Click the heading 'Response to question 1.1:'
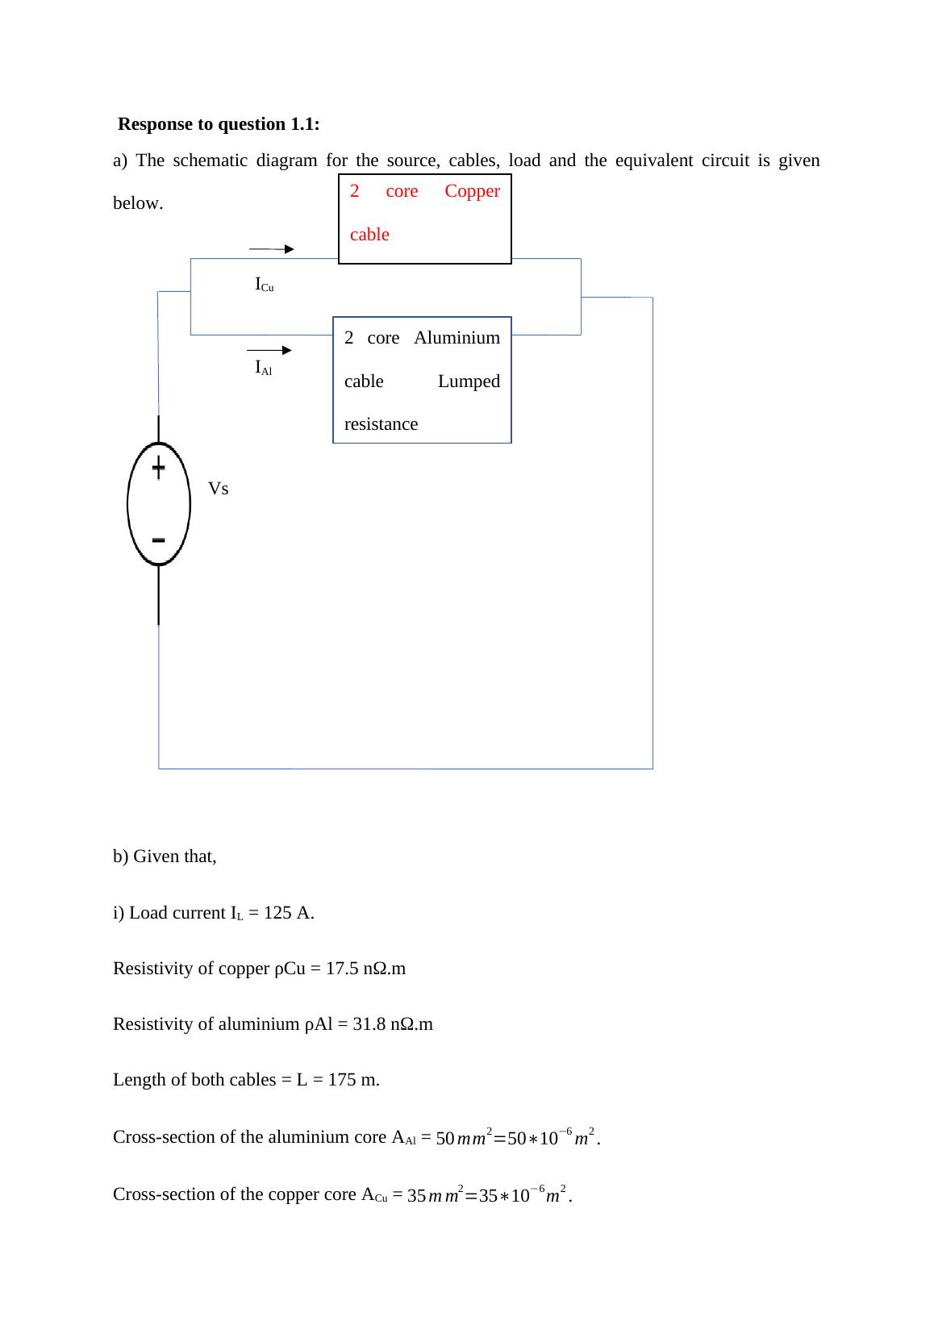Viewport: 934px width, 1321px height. [x=219, y=124]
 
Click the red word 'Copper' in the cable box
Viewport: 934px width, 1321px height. [x=472, y=191]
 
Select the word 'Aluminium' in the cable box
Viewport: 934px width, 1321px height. [x=457, y=338]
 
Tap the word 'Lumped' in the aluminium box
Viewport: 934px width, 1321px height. [x=469, y=381]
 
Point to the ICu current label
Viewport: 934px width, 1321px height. [x=264, y=285]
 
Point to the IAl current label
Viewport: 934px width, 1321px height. [x=263, y=369]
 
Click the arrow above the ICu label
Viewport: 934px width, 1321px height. [x=272, y=249]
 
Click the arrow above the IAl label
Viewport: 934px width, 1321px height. [x=269, y=350]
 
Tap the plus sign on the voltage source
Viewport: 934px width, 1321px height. [x=159, y=467]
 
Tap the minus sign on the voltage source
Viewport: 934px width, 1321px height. [x=159, y=539]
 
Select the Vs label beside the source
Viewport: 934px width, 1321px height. [x=218, y=489]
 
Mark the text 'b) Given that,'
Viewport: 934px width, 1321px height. [x=165, y=856]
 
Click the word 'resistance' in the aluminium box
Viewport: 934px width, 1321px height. [x=381, y=424]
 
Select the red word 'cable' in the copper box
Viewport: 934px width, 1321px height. [x=369, y=235]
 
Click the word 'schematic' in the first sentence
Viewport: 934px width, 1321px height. [x=210, y=160]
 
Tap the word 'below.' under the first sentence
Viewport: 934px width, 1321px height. [x=138, y=203]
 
